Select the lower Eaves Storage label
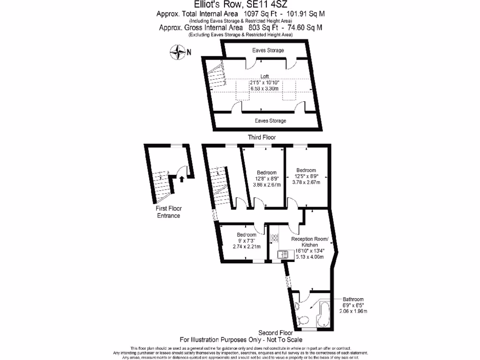coord(270,121)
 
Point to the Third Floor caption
coord(262,137)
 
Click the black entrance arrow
coord(181,178)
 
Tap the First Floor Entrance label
coord(168,212)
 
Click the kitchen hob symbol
coord(275,238)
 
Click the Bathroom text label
coord(352,299)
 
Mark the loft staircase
coord(217,76)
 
